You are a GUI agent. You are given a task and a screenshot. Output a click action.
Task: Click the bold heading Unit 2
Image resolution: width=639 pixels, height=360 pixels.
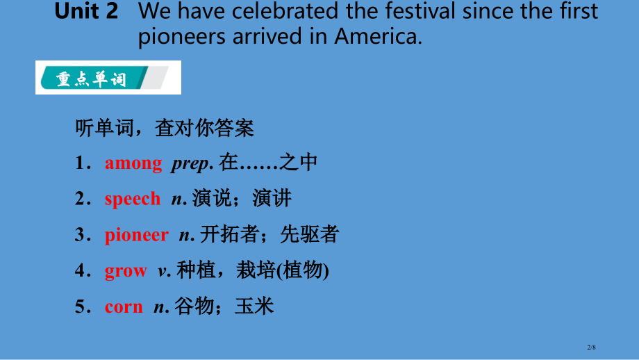point(86,11)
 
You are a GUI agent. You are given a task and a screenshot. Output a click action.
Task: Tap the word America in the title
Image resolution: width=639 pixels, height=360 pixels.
point(378,36)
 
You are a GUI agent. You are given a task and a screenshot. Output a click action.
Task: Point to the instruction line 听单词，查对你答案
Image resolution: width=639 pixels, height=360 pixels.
point(164,128)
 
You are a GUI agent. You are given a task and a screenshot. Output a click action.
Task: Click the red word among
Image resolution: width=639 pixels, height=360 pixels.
point(133,163)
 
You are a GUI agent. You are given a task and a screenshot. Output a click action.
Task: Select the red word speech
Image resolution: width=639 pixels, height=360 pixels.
point(133,199)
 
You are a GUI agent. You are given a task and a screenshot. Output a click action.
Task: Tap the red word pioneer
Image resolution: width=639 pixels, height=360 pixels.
point(137,235)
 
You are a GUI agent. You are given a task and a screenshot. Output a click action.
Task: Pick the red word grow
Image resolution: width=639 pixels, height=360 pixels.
point(126,271)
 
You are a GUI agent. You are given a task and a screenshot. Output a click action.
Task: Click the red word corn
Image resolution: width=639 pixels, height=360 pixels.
point(124,306)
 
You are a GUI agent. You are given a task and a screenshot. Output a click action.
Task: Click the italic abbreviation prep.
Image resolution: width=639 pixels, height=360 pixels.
point(192,163)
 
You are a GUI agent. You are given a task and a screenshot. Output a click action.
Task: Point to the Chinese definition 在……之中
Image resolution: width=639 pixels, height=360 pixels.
point(268,162)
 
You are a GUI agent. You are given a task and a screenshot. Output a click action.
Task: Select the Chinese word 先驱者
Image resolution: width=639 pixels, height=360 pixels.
point(310,234)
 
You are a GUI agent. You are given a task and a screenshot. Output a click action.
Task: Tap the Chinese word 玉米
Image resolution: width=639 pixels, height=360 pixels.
point(254,306)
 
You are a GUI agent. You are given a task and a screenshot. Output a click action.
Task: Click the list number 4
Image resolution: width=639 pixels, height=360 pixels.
point(81,270)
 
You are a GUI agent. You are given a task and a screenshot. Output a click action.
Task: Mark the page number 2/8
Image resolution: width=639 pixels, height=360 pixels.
point(591,347)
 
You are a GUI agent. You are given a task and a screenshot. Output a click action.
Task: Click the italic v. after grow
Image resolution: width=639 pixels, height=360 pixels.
point(164,271)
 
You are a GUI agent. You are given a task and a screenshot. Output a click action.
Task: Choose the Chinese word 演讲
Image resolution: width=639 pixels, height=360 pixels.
point(272,199)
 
